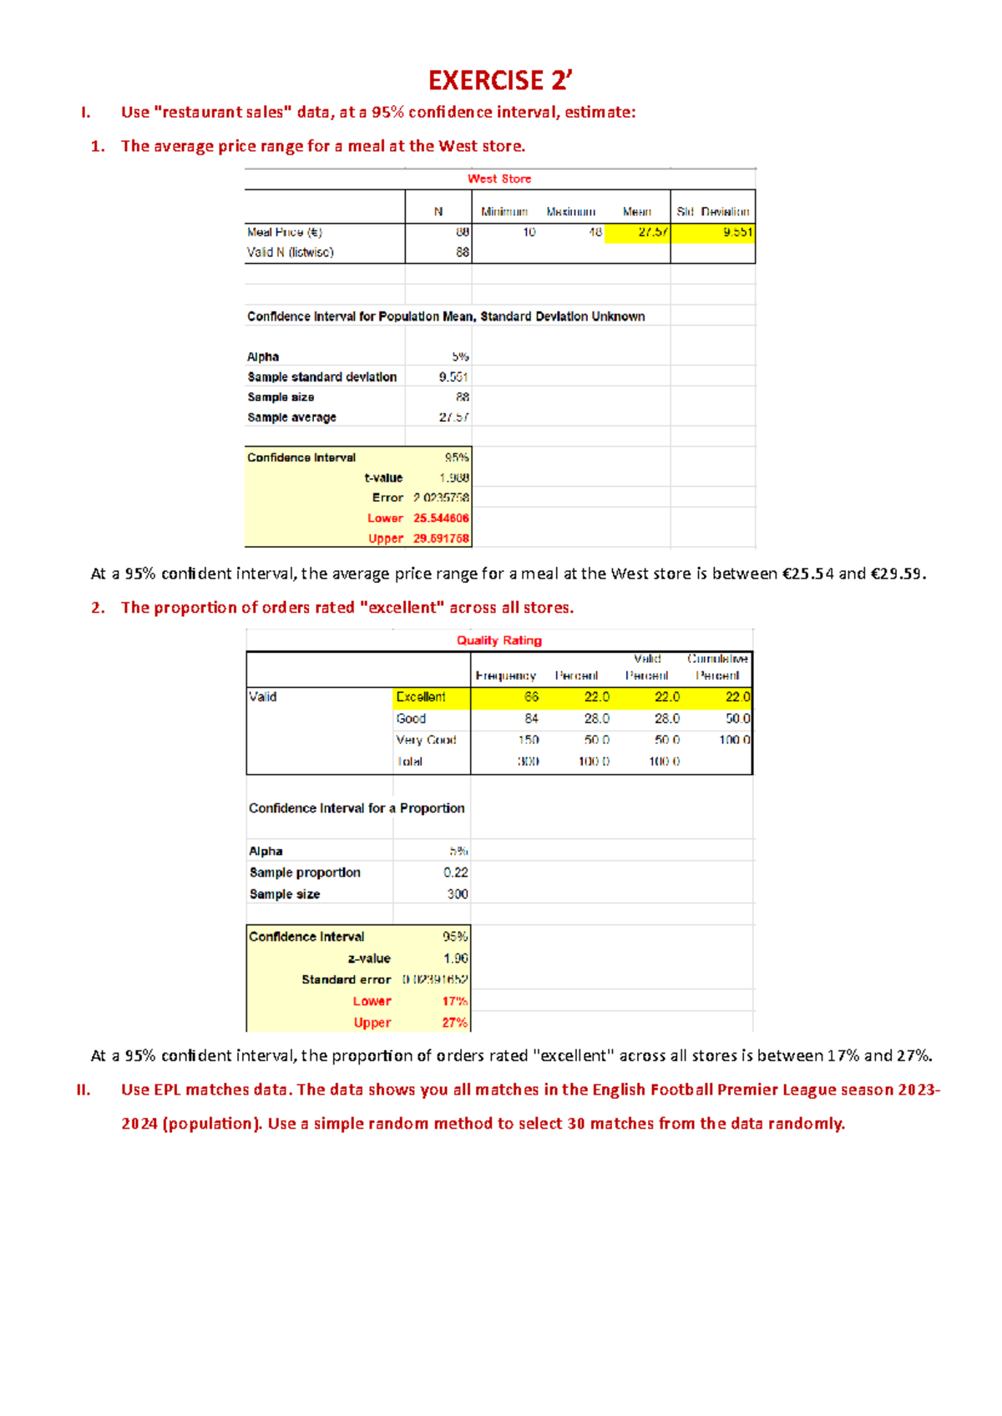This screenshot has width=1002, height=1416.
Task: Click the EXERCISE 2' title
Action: (x=500, y=80)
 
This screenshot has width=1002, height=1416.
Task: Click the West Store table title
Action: (x=499, y=179)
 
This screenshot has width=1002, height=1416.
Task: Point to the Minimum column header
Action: (x=504, y=212)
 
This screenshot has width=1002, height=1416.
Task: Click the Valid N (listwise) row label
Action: (x=290, y=252)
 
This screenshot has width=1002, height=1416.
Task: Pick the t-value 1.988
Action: (x=454, y=478)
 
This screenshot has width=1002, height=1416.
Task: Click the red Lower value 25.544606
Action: (x=441, y=518)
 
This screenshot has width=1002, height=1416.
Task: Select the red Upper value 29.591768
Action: (x=441, y=539)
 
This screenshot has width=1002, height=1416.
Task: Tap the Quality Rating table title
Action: (x=499, y=640)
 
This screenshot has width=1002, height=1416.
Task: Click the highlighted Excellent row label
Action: (x=421, y=697)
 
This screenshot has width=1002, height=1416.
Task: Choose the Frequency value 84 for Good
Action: (x=531, y=719)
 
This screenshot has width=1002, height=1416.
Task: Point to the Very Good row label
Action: (x=426, y=740)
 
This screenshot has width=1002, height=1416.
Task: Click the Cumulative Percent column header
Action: (x=717, y=667)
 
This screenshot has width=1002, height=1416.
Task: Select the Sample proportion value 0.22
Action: (x=456, y=872)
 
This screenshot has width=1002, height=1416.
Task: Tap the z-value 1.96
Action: (x=456, y=958)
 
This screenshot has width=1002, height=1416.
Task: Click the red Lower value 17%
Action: (x=455, y=1001)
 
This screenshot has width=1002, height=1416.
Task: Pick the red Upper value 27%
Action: (x=455, y=1023)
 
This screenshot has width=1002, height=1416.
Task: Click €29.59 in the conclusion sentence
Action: (x=897, y=574)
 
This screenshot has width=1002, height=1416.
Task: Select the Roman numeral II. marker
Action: (x=83, y=1090)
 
